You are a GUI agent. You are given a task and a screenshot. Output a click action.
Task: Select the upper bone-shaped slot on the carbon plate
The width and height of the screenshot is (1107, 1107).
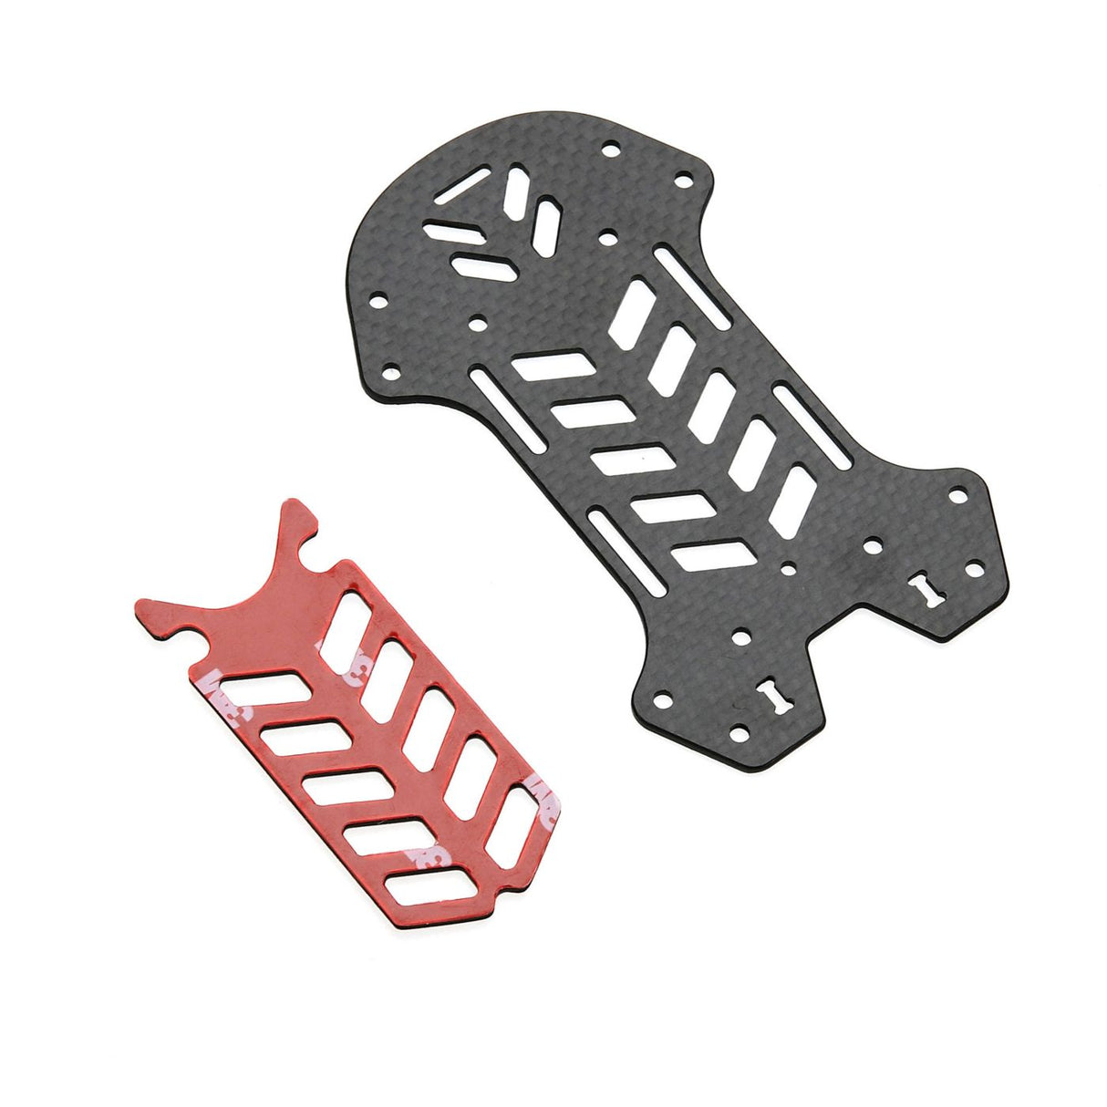click(932, 588)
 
